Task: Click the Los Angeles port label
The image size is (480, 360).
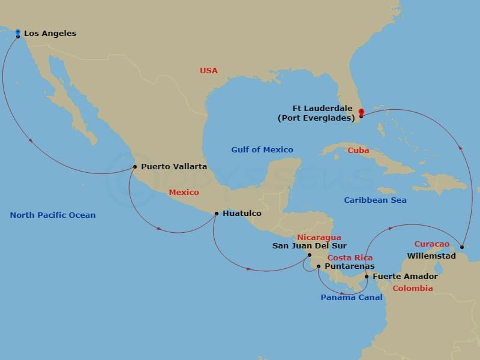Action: tap(50, 34)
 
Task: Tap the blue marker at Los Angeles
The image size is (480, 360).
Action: tap(18, 32)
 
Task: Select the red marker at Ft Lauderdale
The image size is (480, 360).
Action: tap(361, 112)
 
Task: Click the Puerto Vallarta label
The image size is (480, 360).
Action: tap(174, 166)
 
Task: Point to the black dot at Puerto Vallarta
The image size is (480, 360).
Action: tap(134, 167)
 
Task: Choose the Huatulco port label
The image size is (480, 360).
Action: tap(242, 213)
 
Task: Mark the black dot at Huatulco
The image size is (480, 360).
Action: tap(216, 213)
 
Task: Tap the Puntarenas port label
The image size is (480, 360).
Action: tap(349, 266)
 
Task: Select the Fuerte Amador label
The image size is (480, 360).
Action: tap(405, 277)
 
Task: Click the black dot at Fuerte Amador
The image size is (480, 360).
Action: tap(367, 277)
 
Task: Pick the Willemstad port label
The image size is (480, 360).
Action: tap(428, 256)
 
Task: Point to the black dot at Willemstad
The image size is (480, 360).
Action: tap(461, 247)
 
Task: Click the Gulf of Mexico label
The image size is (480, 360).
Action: tap(262, 150)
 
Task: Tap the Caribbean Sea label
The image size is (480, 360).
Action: tap(375, 200)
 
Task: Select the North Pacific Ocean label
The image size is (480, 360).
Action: tap(53, 215)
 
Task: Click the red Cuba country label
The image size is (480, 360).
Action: tap(358, 151)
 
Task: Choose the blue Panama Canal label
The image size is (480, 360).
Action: tap(351, 298)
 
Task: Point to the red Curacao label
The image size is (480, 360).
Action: tap(431, 244)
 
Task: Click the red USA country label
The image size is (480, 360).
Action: tap(209, 71)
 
